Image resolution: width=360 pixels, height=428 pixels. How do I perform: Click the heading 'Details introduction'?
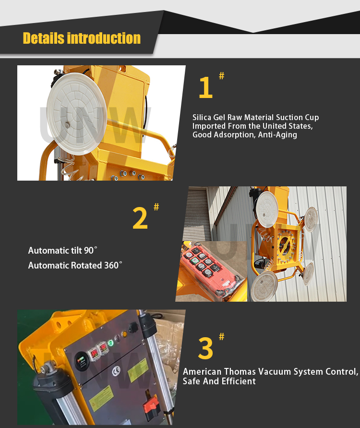point(82,38)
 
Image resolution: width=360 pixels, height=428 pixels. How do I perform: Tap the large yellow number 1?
point(205,88)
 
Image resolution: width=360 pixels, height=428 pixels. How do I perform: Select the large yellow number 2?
point(140,218)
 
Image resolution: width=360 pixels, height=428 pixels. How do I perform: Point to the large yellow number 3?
point(205,349)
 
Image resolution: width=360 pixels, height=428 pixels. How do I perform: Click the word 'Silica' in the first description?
point(203,117)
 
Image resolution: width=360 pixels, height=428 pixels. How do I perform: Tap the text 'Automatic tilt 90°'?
point(62,250)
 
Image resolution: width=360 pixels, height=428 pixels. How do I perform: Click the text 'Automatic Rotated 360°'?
point(75,265)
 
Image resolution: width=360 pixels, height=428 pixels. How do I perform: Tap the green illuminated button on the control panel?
point(110,343)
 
